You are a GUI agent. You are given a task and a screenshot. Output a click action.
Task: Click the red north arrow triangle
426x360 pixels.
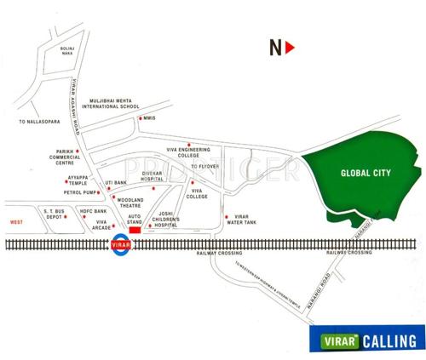tap(291, 48)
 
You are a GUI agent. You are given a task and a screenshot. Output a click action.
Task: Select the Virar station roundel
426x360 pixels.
tap(120, 245)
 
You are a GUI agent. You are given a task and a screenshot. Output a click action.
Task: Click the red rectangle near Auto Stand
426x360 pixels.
tap(134, 229)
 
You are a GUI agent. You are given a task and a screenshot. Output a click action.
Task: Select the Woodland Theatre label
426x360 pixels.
tap(130, 203)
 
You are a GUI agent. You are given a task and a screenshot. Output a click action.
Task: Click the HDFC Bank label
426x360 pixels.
tap(95, 211)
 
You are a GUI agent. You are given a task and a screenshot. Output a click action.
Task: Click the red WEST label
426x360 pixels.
tap(15, 222)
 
